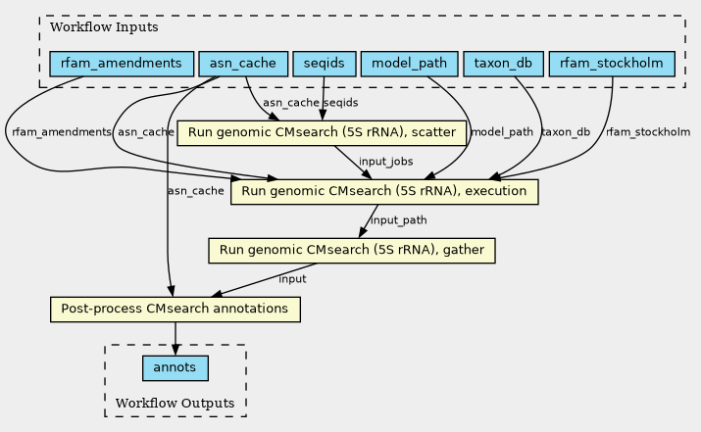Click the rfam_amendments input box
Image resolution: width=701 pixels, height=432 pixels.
coord(121,65)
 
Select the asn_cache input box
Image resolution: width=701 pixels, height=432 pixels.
coord(243,65)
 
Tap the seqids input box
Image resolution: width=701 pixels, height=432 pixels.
coord(324,65)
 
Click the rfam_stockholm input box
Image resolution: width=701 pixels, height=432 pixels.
coord(613,65)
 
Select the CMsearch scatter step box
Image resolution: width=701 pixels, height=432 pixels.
coord(321,131)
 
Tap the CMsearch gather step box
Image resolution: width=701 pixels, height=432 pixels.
coord(352,250)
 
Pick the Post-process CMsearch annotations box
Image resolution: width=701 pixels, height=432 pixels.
coord(175,310)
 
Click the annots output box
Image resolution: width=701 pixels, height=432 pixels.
coord(175,367)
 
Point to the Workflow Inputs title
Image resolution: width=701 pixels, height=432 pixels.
coord(90,27)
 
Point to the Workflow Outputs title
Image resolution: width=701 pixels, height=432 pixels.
coord(175,404)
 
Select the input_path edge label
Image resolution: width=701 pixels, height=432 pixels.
coord(398,220)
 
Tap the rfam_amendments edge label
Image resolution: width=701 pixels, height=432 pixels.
coord(61,132)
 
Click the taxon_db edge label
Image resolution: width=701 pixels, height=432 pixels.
coord(565,132)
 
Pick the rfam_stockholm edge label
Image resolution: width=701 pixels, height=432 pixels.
coord(647,132)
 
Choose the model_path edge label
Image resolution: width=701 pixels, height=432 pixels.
coord(502,132)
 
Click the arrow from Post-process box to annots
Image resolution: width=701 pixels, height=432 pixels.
coord(175,338)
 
